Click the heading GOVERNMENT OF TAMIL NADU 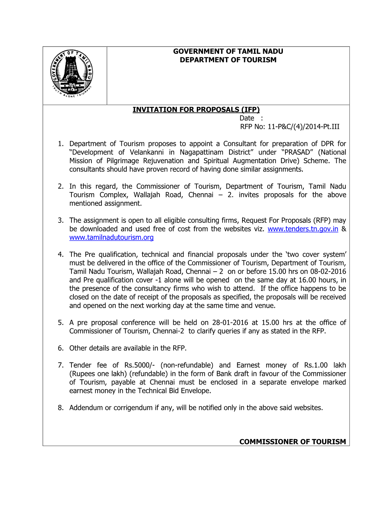pyautogui.click(x=228, y=52)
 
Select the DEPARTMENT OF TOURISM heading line pyautogui.click(x=228, y=60)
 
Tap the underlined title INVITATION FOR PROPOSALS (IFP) pyautogui.click(x=196, y=110)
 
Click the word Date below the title pyautogui.click(x=247, y=119)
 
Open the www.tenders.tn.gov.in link pyautogui.click(x=303, y=229)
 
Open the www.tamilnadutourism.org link pyautogui.click(x=111, y=238)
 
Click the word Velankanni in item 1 pyautogui.click(x=146, y=152)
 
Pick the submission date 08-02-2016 pyautogui.click(x=328, y=272)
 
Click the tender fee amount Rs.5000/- pyautogui.click(x=140, y=365)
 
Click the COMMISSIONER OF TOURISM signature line pyautogui.click(x=292, y=442)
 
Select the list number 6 pyautogui.click(x=61, y=348)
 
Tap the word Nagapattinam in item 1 pyautogui.click(x=201, y=152)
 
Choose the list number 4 pyautogui.click(x=61, y=255)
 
